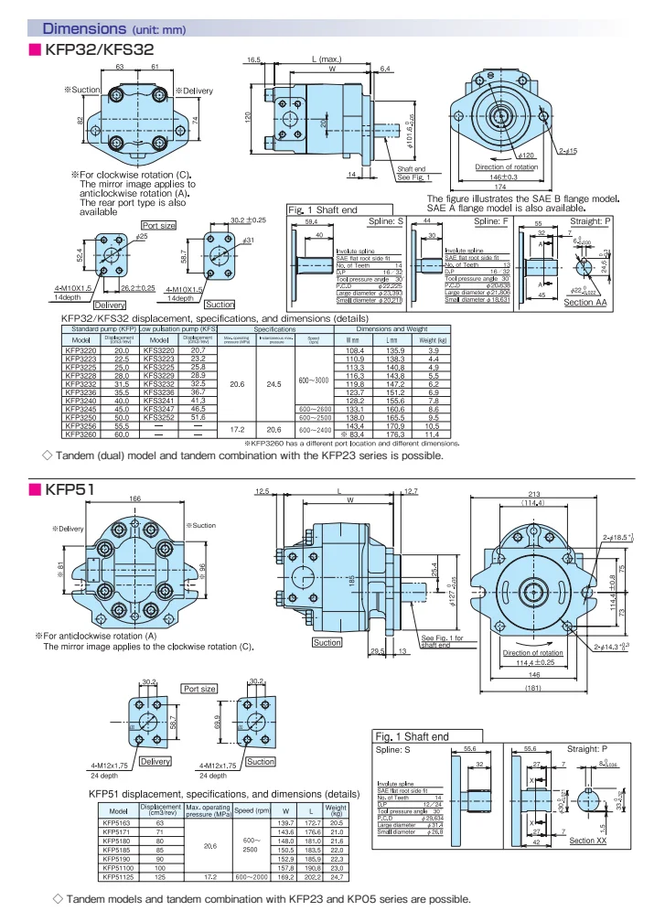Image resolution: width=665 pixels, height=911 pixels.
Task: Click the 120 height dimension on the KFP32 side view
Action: (247, 118)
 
